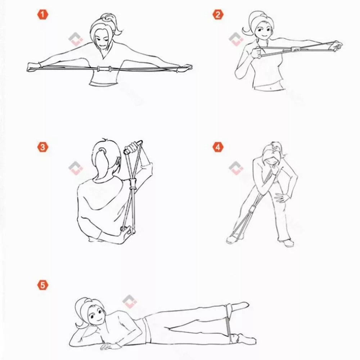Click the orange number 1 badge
(x=42, y=15)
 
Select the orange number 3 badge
(x=42, y=147)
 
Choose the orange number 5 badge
(x=42, y=285)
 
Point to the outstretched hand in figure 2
(x=337, y=45)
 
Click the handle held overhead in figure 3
(x=132, y=147)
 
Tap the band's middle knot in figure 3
(x=133, y=186)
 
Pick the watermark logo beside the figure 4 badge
(x=236, y=168)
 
